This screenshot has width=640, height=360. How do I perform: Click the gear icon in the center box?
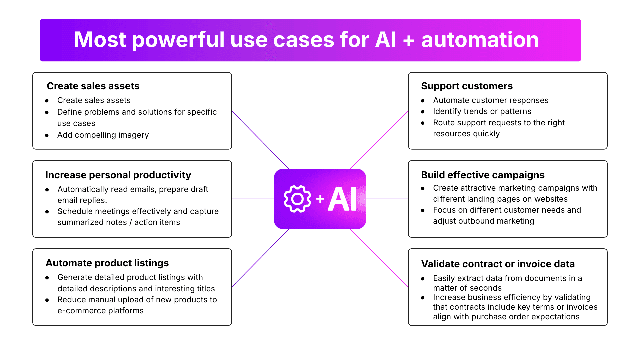tap(297, 199)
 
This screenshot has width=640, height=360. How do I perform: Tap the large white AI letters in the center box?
tap(343, 199)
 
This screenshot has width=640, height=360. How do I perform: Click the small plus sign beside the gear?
tap(320, 199)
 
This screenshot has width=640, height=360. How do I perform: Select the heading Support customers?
tap(467, 86)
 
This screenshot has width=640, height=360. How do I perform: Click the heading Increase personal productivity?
tap(118, 175)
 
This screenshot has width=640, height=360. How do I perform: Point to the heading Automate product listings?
tap(107, 263)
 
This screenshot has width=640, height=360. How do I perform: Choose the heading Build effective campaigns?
tap(483, 175)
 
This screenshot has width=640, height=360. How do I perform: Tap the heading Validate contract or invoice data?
tap(498, 264)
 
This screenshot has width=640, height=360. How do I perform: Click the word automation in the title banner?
tap(480, 40)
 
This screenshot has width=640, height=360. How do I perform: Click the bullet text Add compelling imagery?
tap(103, 135)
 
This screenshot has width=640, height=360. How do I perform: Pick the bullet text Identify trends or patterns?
tap(482, 111)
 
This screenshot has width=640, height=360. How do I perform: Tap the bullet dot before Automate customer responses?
tap(423, 101)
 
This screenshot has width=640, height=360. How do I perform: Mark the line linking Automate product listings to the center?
tap(260, 258)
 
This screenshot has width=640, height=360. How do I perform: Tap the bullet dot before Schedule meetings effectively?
tap(47, 212)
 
